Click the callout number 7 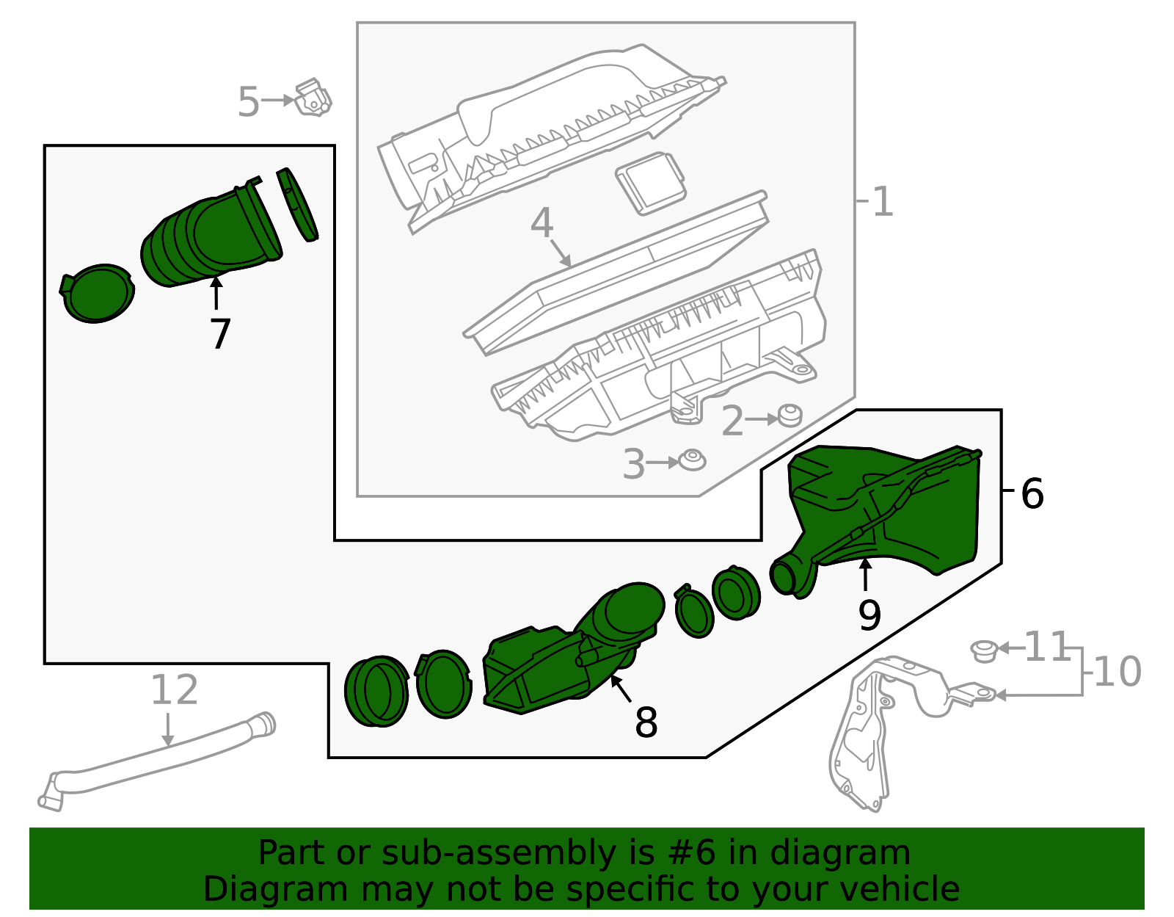tap(220, 335)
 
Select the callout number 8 tap(646, 723)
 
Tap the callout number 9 tap(869, 615)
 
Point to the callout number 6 tap(1032, 494)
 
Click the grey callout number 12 tap(175, 690)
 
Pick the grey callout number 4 tap(542, 223)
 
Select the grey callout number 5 tap(249, 102)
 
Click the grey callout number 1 tap(883, 202)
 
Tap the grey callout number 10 tap(1117, 672)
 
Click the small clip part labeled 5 tap(313, 98)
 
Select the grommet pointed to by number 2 tap(790, 416)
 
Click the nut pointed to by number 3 tap(692, 460)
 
